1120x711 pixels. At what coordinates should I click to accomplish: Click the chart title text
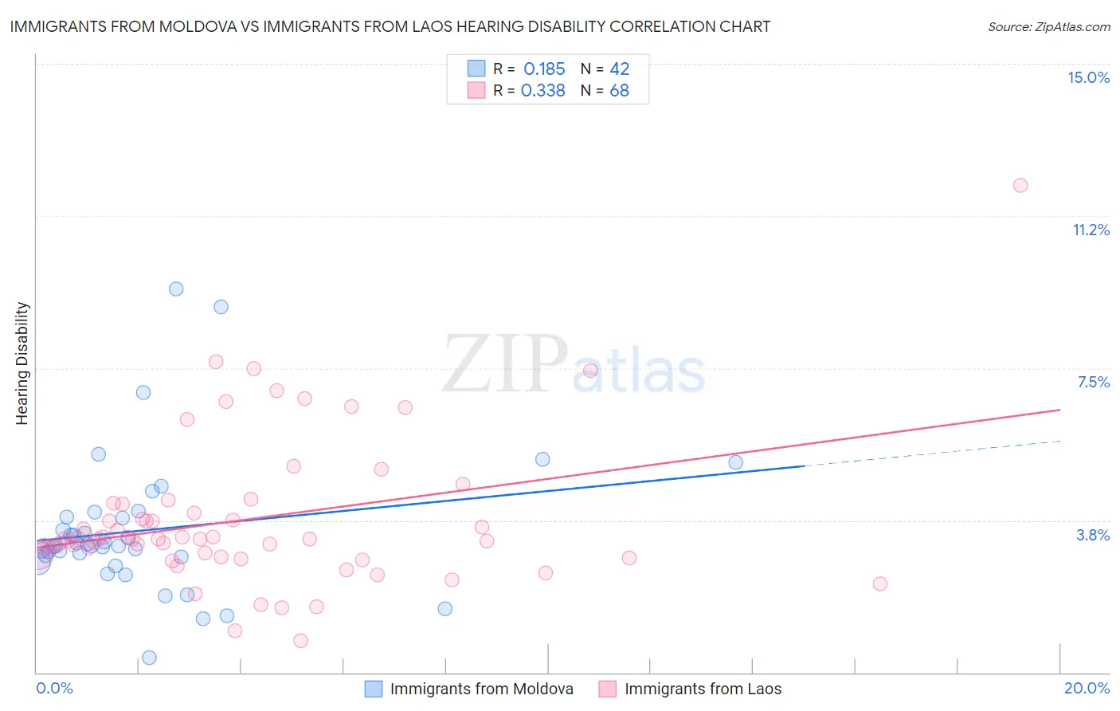[x=390, y=26]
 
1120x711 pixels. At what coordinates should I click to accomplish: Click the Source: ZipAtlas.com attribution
[x=1048, y=26]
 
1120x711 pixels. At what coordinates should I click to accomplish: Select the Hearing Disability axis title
[x=22, y=363]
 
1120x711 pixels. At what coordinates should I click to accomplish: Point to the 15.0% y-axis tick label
[x=1088, y=77]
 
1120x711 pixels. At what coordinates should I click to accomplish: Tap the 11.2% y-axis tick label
[x=1091, y=230]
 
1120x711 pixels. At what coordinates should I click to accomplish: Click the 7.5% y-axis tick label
[x=1093, y=382]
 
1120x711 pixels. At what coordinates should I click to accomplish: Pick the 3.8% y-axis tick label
[x=1093, y=535]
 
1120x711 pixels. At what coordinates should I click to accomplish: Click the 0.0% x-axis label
[x=54, y=688]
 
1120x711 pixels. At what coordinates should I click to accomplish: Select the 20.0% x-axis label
[x=1087, y=688]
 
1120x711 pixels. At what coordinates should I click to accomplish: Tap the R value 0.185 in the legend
[x=544, y=69]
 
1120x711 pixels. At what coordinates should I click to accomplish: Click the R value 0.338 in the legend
[x=543, y=91]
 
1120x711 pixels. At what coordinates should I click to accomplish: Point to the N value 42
[x=619, y=69]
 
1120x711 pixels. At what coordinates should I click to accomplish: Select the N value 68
[x=619, y=91]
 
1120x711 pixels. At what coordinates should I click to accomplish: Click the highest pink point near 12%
[x=1020, y=186]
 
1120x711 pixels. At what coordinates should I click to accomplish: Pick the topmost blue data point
[x=176, y=289]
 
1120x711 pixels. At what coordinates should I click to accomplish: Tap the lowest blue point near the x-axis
[x=149, y=658]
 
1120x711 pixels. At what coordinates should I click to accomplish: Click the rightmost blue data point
[x=736, y=462]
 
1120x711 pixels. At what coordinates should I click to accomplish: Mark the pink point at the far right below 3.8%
[x=880, y=583]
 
